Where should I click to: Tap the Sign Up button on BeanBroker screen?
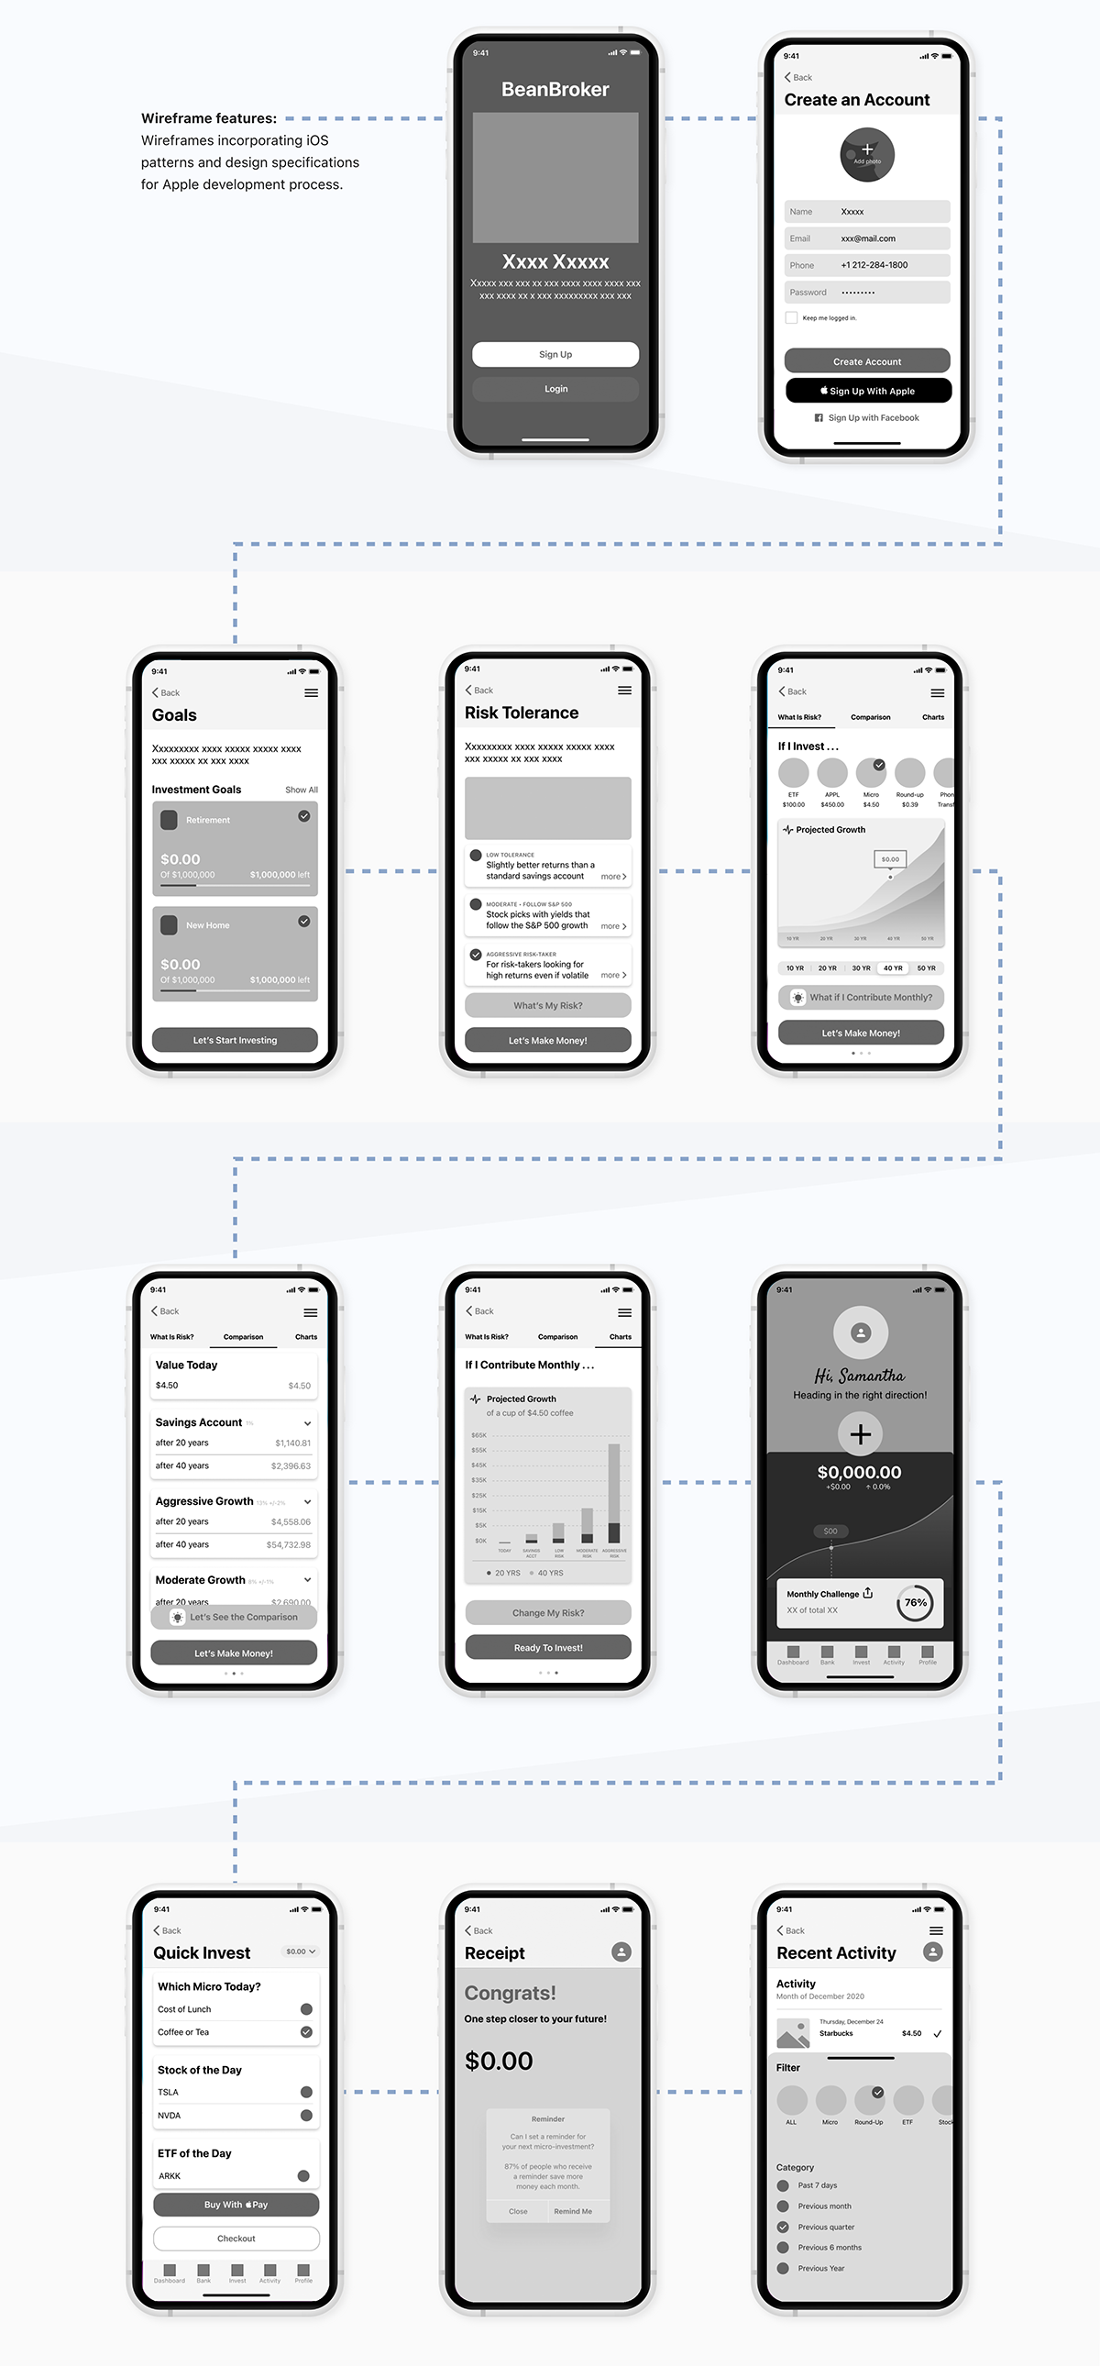click(x=555, y=355)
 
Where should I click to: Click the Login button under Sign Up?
click(x=555, y=389)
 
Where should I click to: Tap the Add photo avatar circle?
click(x=867, y=154)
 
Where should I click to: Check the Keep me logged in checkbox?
click(x=791, y=318)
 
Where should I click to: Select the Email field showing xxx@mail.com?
click(x=867, y=238)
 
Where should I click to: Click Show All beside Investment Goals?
click(x=302, y=790)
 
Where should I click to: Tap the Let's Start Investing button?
click(x=234, y=1040)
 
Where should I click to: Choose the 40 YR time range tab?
click(x=893, y=968)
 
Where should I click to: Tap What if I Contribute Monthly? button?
click(x=861, y=998)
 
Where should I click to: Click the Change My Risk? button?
click(x=547, y=1613)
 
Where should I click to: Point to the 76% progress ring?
click(x=915, y=1603)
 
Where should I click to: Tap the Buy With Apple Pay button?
click(x=236, y=2205)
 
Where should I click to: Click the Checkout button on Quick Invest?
click(x=236, y=2239)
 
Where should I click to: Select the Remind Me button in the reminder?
click(x=573, y=2212)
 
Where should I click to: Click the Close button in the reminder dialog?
click(x=518, y=2212)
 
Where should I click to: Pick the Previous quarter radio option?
click(x=783, y=2227)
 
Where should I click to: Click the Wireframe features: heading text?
click(x=208, y=118)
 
